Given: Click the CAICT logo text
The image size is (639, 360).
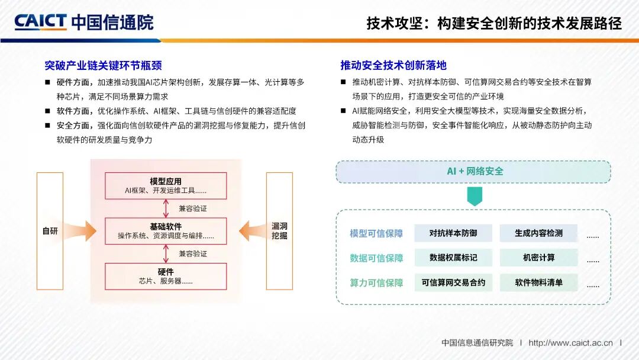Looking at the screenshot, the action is click(40, 21).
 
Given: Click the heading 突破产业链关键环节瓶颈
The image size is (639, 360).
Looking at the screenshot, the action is click(103, 65).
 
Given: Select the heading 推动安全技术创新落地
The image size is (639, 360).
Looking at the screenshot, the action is click(393, 65).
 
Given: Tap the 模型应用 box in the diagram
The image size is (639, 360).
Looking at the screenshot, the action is click(166, 186).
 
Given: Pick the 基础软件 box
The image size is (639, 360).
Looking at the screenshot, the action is click(166, 231).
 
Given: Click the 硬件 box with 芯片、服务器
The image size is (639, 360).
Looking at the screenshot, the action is click(166, 277).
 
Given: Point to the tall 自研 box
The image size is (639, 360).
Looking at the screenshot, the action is click(50, 231).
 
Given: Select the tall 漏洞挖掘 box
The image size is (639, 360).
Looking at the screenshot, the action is click(279, 231).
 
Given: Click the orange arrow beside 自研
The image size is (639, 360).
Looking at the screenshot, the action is click(80, 231).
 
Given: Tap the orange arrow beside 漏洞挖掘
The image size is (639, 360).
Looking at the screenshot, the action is click(252, 231).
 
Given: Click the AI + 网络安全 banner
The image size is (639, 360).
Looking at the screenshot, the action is click(473, 172).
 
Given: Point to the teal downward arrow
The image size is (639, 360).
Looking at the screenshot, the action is click(475, 197).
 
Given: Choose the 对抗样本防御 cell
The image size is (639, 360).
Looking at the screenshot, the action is click(453, 233).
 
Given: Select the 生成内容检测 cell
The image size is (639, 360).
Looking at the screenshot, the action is click(539, 233).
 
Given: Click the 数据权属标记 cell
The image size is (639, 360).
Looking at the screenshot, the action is click(453, 258).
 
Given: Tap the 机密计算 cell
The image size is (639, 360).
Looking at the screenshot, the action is click(539, 258).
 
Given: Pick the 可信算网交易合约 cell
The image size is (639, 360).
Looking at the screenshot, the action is click(453, 282).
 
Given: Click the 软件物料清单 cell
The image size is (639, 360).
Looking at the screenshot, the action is click(539, 282).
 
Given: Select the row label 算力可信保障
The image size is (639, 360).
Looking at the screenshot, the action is click(376, 283).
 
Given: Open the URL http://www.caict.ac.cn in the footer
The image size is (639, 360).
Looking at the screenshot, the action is click(570, 343).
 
